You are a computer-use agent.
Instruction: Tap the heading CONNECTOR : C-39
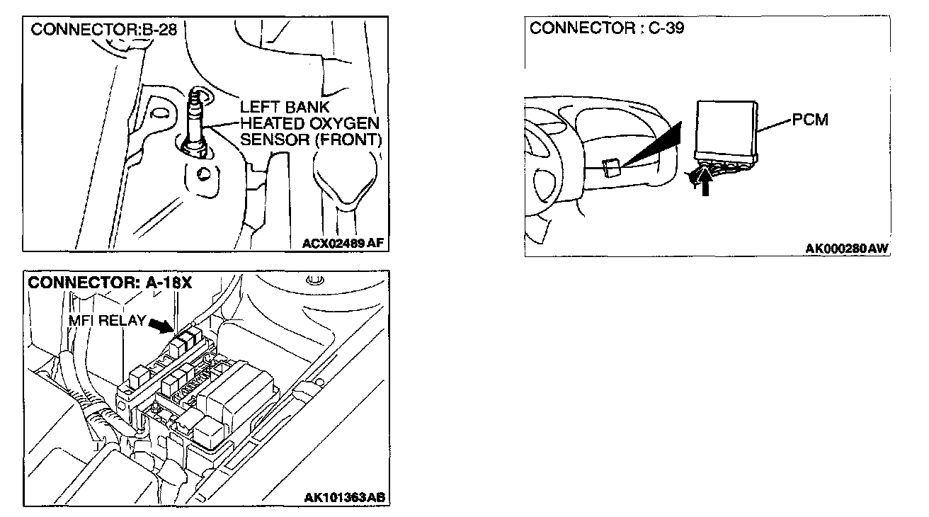point(607,28)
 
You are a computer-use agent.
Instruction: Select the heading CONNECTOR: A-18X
point(110,283)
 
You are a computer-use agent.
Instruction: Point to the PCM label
point(810,120)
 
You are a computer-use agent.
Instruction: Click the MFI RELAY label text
point(107,320)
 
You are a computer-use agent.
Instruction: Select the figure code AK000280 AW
point(847,248)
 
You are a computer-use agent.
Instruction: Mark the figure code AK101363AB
point(345,497)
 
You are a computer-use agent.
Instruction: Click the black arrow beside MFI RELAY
point(161,324)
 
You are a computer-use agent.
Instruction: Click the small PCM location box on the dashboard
point(610,168)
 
